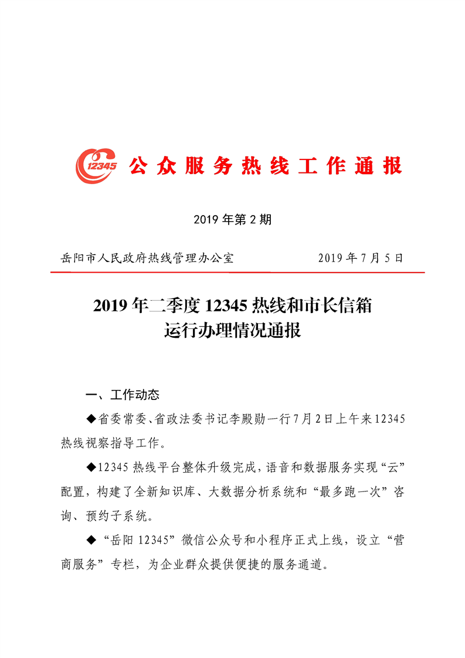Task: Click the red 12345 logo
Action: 96,166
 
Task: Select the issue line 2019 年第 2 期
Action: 232,220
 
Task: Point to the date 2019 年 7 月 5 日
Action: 361,258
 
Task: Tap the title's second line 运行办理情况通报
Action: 232,331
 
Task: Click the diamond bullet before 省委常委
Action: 90,419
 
